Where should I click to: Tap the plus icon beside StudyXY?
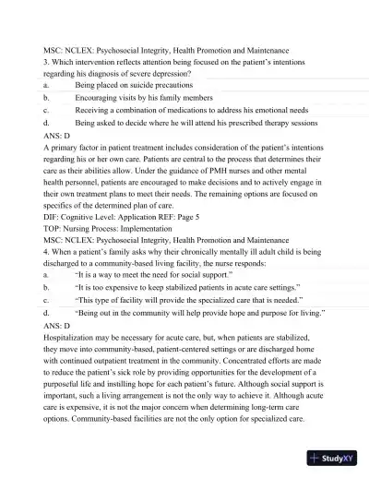pyautogui.click(x=315, y=458)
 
